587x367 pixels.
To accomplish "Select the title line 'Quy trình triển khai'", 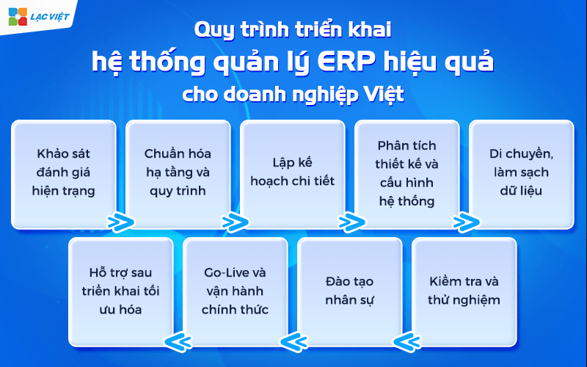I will [293, 30].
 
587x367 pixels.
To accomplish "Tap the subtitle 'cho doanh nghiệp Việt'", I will [293, 96].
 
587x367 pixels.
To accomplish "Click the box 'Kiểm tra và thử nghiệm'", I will [464, 291].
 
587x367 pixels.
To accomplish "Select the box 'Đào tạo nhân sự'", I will [350, 291].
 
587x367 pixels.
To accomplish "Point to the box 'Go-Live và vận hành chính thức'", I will [235, 291].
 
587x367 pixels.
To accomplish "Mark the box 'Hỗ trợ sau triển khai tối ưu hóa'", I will [122, 291].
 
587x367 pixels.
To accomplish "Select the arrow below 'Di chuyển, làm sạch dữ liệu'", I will [465, 222].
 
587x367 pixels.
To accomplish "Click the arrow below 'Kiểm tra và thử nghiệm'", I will [406, 340].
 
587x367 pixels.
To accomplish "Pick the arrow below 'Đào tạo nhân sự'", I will [292, 340].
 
